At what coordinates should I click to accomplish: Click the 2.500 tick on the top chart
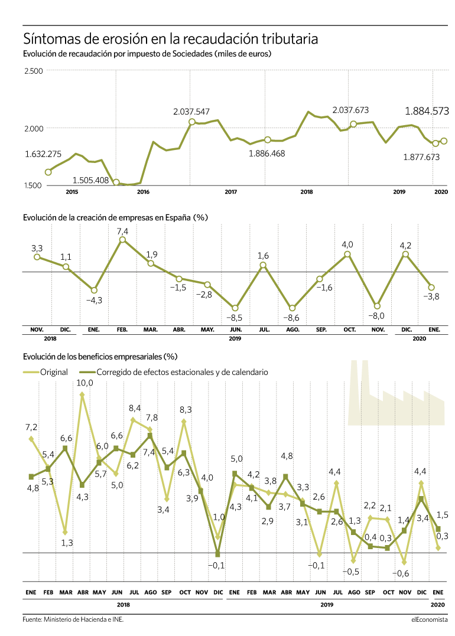33,71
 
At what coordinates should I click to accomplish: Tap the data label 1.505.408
90,181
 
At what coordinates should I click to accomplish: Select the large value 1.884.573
427,111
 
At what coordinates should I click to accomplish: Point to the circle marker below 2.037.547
191,122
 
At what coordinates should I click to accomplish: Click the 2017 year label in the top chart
230,192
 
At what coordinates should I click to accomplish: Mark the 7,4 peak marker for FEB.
122,240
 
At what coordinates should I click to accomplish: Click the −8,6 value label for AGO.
292,318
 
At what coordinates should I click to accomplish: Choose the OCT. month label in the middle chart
349,330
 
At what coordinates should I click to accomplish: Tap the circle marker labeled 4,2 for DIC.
405,255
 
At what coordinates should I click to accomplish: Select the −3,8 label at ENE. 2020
431,296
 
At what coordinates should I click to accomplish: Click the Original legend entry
54,372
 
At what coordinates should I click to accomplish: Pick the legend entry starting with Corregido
182,372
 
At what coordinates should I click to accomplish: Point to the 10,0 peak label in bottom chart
84,383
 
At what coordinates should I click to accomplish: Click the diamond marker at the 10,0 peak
82,394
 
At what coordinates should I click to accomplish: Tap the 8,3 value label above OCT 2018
186,410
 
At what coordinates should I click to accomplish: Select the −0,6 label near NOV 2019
401,573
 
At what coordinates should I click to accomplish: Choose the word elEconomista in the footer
430,619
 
